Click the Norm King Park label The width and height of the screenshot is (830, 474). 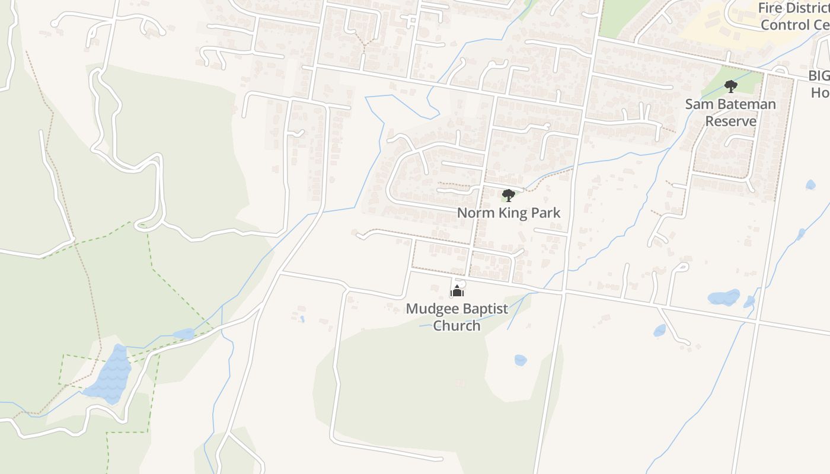(509, 213)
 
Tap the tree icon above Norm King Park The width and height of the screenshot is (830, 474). (508, 196)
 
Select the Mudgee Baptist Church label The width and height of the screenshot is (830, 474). (456, 317)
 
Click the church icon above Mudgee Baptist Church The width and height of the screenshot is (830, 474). (457, 291)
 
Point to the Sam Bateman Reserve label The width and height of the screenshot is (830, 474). (730, 113)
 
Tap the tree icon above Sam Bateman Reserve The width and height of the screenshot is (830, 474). (731, 87)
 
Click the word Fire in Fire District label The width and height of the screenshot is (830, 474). (771, 8)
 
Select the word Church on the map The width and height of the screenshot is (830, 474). (456, 325)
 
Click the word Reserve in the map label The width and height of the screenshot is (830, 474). (730, 121)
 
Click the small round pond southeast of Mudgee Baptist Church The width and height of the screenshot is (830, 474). (520, 360)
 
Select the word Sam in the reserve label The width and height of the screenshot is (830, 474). (697, 104)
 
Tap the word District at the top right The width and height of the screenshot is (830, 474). (809, 8)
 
